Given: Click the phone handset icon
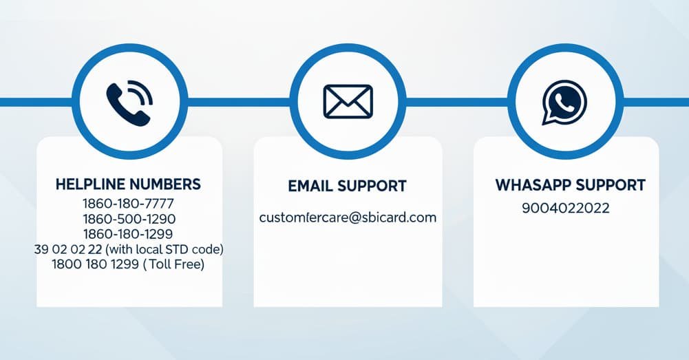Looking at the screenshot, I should (x=125, y=106).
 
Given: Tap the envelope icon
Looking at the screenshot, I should (x=348, y=102).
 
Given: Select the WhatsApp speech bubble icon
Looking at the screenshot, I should (x=564, y=103).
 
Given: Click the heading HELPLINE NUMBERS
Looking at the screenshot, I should (x=128, y=184).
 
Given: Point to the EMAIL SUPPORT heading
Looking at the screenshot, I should (x=347, y=187).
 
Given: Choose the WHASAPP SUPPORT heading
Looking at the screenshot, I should (x=570, y=186).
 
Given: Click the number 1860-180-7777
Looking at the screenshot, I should (x=128, y=204).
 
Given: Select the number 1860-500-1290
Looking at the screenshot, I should (x=129, y=219).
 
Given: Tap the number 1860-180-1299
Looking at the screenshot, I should (x=128, y=234).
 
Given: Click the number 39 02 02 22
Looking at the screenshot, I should (x=67, y=249).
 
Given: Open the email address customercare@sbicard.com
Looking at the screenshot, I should (x=348, y=218).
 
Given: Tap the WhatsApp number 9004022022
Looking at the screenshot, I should (x=566, y=209).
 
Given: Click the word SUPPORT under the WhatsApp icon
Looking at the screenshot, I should (x=611, y=186).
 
